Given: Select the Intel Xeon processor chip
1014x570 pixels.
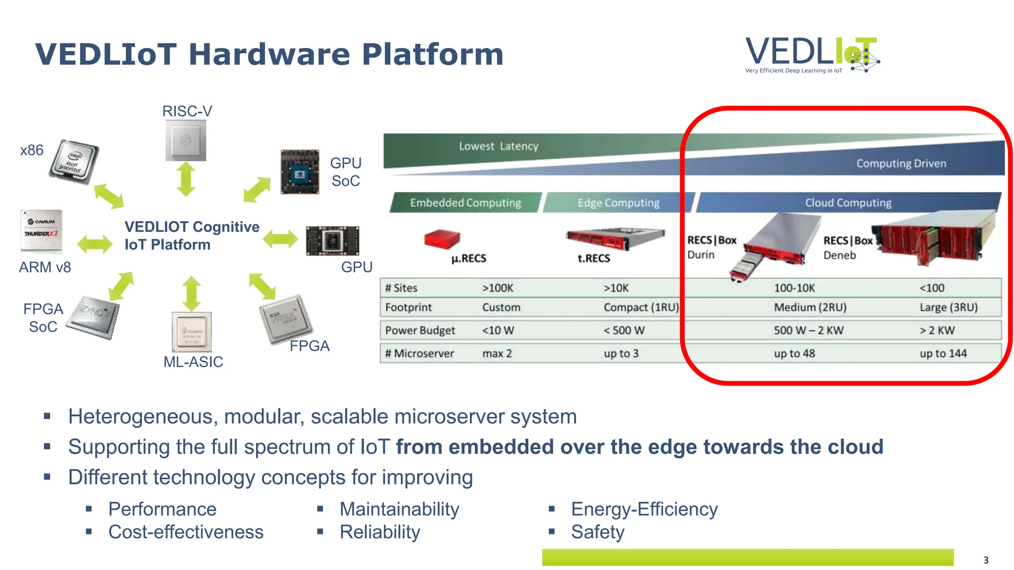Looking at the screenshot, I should (x=74, y=162).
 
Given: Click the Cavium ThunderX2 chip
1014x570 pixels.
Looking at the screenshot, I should (x=42, y=231).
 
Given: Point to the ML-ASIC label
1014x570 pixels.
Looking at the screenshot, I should (x=193, y=362).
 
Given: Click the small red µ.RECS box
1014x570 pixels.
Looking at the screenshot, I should (x=442, y=238).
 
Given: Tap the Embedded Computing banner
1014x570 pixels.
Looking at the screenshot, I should (x=465, y=203).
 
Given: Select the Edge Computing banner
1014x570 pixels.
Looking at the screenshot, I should (x=618, y=203).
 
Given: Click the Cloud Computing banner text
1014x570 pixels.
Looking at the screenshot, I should (x=848, y=203).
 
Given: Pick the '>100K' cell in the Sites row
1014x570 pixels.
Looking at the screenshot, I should (x=498, y=288).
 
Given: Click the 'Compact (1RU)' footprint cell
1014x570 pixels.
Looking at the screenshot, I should (x=641, y=307).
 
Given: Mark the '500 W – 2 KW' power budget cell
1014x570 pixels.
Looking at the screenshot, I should (x=809, y=330).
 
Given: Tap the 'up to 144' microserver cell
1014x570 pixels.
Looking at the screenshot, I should (x=943, y=353).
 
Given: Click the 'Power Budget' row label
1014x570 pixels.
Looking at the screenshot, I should (x=420, y=330).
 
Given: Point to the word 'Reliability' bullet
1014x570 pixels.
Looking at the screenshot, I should (x=380, y=532).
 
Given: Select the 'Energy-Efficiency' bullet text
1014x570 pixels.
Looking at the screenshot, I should (x=644, y=509).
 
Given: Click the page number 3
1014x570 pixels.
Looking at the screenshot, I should (x=986, y=560).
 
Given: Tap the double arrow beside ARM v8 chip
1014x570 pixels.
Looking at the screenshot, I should (x=95, y=244).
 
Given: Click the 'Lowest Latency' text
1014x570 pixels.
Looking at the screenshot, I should (x=498, y=146).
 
